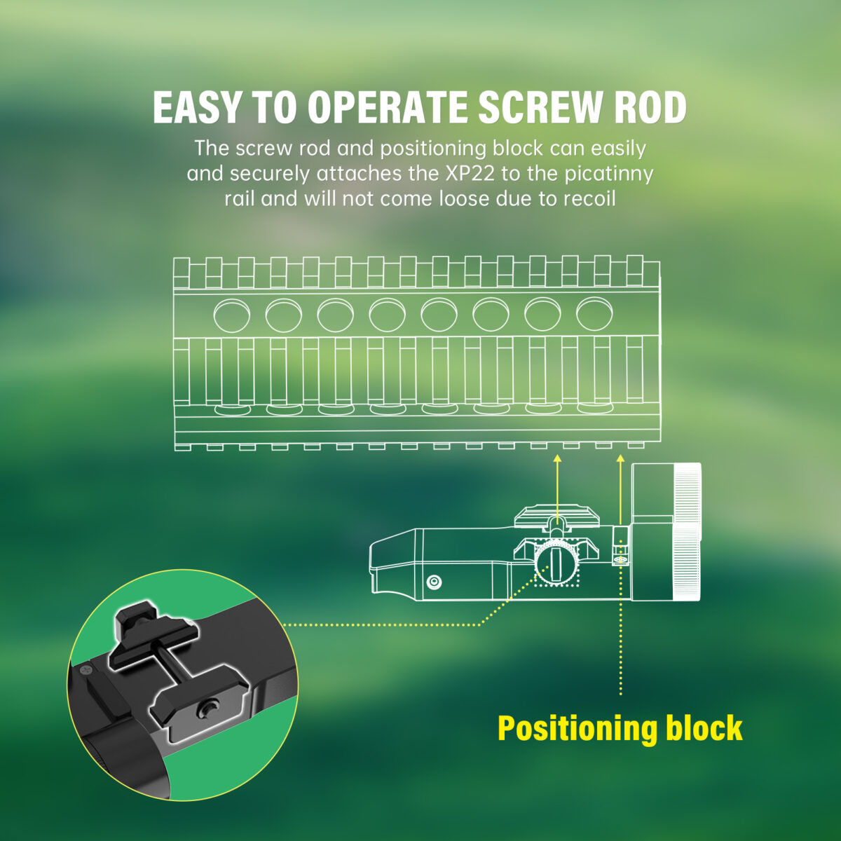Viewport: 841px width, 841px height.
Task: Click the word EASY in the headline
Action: coord(196,107)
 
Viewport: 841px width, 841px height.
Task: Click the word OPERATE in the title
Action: coord(387,107)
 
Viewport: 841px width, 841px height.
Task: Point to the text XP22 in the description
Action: coord(470,174)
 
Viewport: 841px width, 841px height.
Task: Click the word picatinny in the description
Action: coord(609,175)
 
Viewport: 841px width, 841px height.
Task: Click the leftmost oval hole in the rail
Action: coord(232,315)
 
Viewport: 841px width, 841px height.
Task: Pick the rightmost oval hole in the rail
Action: coord(594,313)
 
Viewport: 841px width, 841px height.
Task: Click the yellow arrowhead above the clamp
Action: coord(557,458)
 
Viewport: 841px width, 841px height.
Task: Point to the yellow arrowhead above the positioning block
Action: coord(620,458)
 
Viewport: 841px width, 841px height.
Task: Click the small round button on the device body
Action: coord(434,581)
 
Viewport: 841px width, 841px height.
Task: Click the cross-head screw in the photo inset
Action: coord(86,669)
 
